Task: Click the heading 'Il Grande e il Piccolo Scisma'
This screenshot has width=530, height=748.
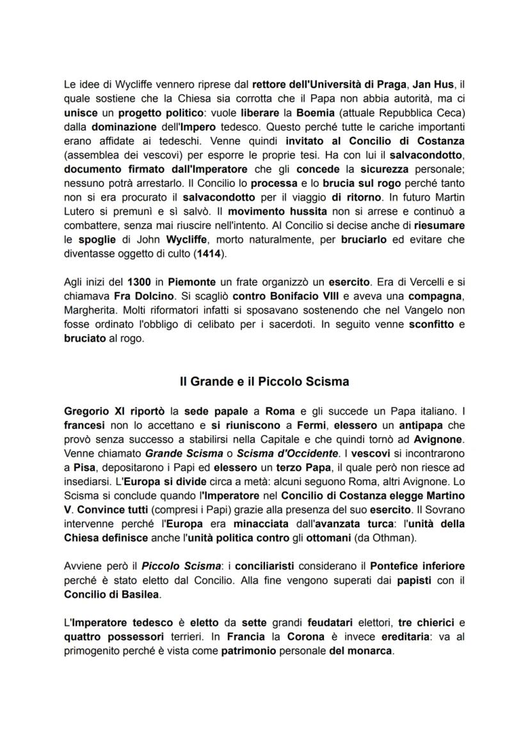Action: tap(264, 382)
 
